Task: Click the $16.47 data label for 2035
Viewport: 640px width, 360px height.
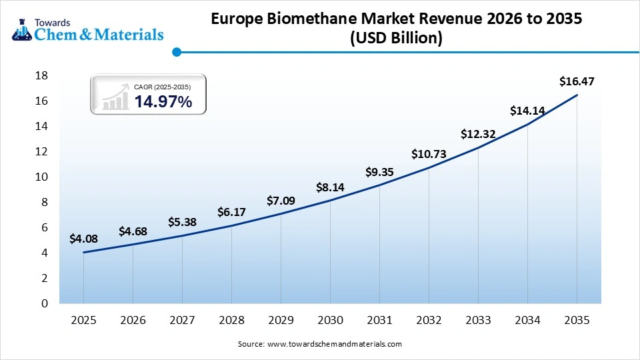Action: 577,82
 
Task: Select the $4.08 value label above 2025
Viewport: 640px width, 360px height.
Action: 83,239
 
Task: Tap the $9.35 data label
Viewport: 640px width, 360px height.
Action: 379,172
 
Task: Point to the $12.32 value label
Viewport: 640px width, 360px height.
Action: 478,134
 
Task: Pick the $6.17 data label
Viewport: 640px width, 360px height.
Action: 231,212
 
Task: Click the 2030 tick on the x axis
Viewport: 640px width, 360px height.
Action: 330,320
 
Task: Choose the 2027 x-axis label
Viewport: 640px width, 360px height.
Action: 182,320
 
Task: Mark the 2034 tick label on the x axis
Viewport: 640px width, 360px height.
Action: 527,320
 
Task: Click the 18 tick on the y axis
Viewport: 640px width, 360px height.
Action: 41,75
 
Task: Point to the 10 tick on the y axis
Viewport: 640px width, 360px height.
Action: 41,177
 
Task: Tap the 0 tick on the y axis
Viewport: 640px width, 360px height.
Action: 44,303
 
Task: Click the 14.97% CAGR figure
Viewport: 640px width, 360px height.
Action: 163,102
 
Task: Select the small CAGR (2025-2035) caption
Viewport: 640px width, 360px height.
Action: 163,87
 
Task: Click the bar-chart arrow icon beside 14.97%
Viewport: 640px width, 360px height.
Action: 115,97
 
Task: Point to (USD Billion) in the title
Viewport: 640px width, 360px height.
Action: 396,39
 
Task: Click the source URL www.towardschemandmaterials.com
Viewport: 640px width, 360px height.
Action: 334,344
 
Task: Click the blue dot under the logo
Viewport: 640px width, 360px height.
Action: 176,51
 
